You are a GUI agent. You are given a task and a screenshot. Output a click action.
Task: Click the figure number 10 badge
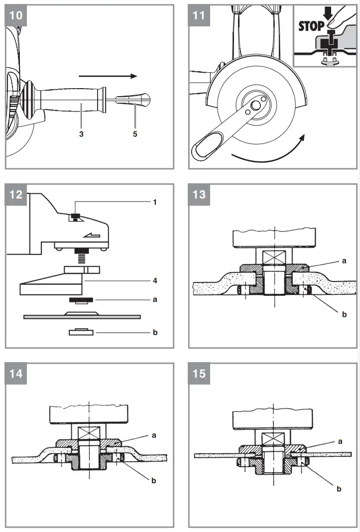(x=16, y=15)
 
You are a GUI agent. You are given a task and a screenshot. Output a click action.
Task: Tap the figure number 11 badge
(x=199, y=15)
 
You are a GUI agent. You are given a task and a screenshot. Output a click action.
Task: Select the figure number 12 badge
(x=16, y=194)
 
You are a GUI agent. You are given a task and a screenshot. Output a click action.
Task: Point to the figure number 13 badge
(x=199, y=194)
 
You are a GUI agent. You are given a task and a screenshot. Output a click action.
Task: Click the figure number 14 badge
(x=16, y=373)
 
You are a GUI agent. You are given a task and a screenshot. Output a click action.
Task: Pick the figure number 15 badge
(x=199, y=373)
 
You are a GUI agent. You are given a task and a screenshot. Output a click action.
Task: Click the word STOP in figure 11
(x=311, y=26)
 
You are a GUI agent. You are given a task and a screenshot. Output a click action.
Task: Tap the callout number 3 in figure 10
(x=81, y=134)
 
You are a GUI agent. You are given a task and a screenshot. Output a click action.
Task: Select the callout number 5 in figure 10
(x=135, y=134)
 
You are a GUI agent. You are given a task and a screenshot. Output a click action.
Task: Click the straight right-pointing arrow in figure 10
(x=108, y=76)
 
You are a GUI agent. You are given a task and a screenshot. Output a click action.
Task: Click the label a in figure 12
(x=155, y=300)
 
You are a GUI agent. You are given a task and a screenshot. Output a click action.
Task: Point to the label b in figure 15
(x=339, y=489)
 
